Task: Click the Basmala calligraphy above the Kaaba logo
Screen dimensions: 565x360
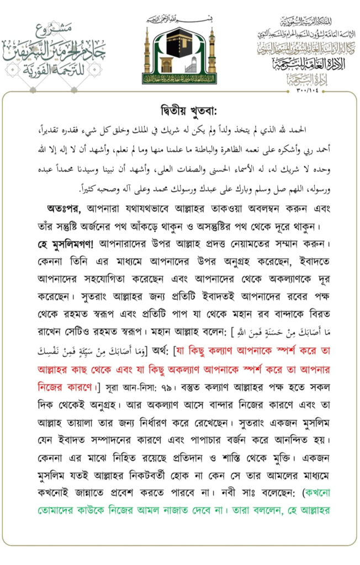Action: pos(180,19)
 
